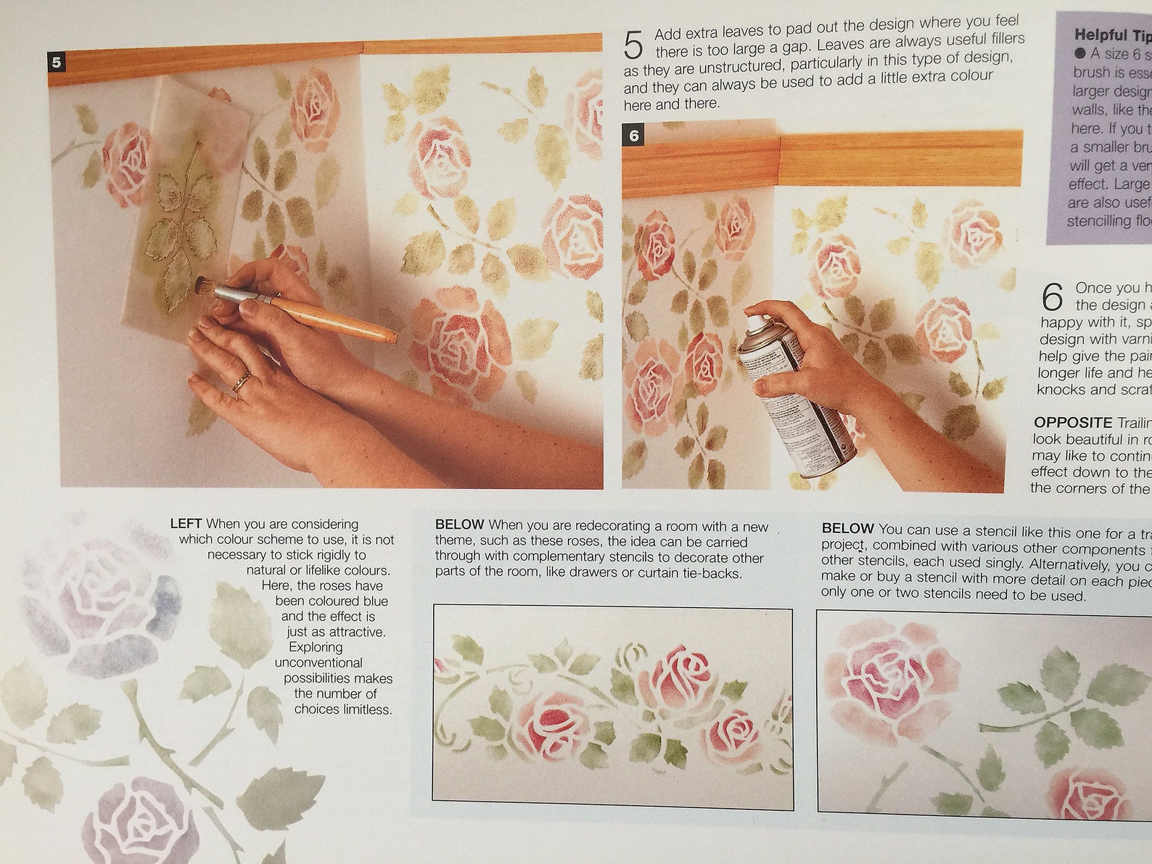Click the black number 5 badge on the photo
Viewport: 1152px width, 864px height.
pos(57,62)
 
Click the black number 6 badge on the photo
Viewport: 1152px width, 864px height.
pos(634,136)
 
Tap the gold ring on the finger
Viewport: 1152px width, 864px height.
pos(242,381)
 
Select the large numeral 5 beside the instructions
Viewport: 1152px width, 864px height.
pos(633,46)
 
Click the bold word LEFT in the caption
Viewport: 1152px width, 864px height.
pos(186,524)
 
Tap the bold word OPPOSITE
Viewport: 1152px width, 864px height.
pos(1073,422)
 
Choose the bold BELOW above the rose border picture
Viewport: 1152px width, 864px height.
pos(460,524)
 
